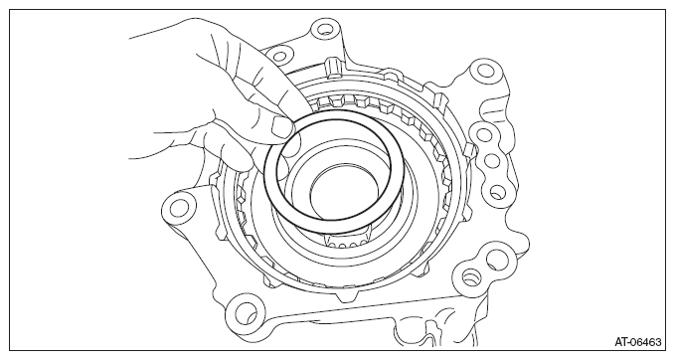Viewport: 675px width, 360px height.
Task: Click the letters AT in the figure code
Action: [620, 343]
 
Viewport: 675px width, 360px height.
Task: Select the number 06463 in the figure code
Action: [645, 343]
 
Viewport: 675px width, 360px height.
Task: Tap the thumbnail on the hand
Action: [282, 127]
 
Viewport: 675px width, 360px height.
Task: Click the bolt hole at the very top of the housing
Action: [323, 31]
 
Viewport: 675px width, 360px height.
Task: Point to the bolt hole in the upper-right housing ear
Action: [485, 70]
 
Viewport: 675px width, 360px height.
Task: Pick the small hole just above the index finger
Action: [279, 57]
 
